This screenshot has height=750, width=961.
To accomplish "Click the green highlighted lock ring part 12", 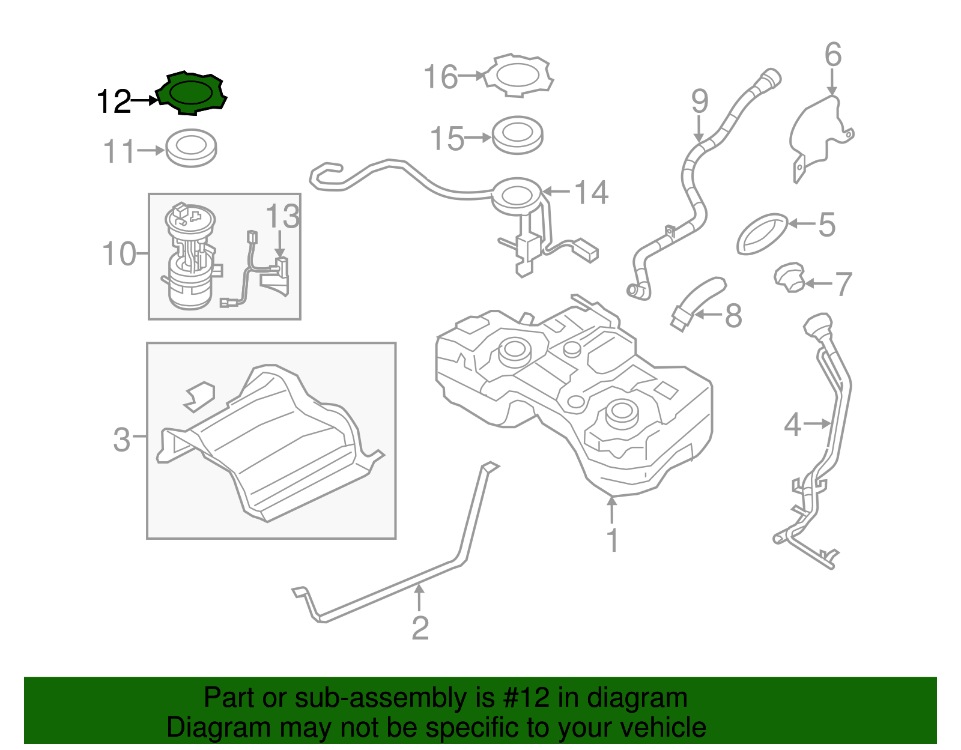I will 192,93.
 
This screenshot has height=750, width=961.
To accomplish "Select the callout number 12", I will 114,101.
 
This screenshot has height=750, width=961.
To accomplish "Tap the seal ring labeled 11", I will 191,148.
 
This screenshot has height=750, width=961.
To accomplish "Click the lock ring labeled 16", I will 519,76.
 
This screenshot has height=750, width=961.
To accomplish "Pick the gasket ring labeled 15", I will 517,135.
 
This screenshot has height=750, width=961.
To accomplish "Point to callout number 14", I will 591,193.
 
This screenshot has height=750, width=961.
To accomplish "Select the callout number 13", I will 282,216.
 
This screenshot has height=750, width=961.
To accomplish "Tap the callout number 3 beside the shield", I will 121,440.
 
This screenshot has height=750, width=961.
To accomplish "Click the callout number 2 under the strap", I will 420,628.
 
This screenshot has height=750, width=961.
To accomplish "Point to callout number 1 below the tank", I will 612,540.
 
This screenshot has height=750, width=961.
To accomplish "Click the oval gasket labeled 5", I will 762,233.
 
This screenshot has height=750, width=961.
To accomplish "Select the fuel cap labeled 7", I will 789,278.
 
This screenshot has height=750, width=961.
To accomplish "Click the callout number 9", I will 699,101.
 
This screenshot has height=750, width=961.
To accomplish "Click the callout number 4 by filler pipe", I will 792,425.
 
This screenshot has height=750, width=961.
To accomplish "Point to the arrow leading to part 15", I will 479,138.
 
